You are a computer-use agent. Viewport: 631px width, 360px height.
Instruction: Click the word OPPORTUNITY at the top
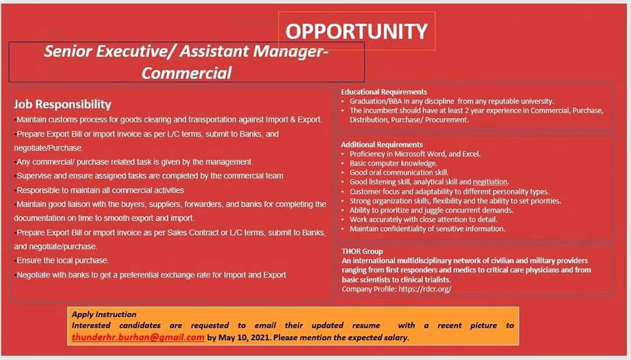click(x=356, y=31)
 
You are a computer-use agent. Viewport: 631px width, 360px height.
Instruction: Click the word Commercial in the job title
click(x=187, y=73)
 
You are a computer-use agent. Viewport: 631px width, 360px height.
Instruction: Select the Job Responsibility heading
click(x=62, y=104)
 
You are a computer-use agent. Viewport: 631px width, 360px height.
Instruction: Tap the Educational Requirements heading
click(x=384, y=92)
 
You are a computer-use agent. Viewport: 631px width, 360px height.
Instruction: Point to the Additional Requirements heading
click(x=382, y=144)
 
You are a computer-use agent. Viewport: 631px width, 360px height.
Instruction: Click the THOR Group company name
click(x=362, y=251)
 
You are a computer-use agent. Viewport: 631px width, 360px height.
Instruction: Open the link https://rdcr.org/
click(x=425, y=289)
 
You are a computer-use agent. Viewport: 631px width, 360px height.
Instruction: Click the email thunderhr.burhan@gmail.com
click(x=138, y=337)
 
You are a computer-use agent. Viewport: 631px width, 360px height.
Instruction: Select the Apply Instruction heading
click(x=104, y=314)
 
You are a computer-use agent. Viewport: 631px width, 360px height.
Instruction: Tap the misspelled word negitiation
click(x=491, y=182)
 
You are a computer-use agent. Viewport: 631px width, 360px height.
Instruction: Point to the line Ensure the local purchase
click(x=62, y=260)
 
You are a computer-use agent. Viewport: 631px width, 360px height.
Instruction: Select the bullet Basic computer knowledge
click(x=393, y=163)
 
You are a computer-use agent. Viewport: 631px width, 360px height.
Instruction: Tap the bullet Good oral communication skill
click(x=399, y=173)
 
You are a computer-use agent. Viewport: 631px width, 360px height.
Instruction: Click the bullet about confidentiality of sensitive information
click(x=427, y=229)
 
